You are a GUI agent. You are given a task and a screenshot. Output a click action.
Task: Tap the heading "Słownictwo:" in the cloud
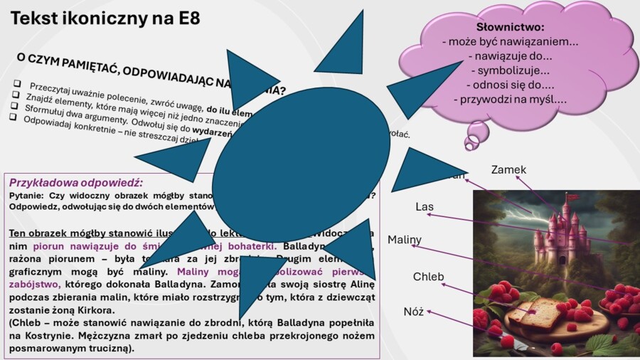point(510,27)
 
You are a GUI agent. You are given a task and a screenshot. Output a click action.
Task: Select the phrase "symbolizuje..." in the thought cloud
point(510,70)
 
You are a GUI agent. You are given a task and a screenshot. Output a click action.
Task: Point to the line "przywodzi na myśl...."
point(510,100)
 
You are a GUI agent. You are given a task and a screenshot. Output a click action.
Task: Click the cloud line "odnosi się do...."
point(510,85)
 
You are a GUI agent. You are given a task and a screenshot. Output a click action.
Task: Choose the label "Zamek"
point(508,170)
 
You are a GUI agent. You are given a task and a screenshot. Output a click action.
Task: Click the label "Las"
point(425,207)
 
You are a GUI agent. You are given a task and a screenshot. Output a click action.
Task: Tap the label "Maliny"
point(405,240)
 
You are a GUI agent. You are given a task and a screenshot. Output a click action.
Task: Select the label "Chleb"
point(428,277)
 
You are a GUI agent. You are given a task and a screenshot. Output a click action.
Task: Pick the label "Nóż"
point(413,312)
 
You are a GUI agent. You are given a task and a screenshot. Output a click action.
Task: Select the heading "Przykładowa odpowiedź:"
point(76,182)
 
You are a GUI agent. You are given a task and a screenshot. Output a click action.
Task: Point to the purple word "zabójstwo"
point(34,284)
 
